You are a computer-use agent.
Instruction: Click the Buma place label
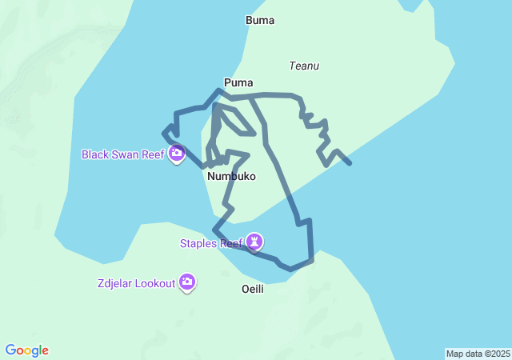point(260,20)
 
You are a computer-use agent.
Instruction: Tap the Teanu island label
point(304,66)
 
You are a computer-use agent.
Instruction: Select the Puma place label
point(238,82)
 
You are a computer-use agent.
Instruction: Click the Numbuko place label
point(231,176)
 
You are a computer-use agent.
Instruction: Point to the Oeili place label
point(252,289)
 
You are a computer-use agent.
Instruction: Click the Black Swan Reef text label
point(123,154)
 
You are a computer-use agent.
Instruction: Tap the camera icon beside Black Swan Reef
point(177,153)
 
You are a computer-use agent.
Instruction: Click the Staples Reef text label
point(211,242)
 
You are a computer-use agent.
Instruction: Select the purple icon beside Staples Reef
point(255,241)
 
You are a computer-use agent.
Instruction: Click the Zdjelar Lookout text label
point(136,283)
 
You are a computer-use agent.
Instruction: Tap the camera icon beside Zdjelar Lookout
point(187,282)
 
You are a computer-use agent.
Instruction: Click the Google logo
point(27,350)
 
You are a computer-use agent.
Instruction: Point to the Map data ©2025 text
point(478,354)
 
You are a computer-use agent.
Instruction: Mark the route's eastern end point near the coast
point(350,163)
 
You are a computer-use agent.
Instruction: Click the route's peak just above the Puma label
point(218,90)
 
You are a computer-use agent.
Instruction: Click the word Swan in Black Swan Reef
point(126,154)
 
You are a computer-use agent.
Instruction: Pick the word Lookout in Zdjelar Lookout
point(155,283)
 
